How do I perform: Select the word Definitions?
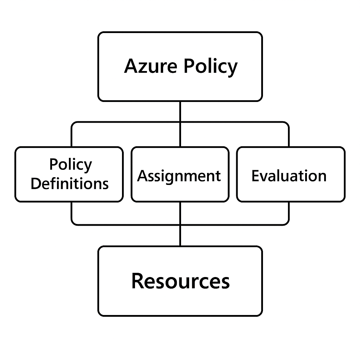tap(70, 184)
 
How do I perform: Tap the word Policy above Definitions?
tap(71, 165)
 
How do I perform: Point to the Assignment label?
tap(179, 176)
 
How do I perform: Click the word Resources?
tap(180, 281)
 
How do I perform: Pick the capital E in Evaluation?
tap(256, 176)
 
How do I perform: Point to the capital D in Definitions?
tap(36, 184)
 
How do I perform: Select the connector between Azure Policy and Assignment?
tap(180, 124)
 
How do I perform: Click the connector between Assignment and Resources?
tap(180, 224)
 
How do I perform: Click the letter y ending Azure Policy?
tap(232, 69)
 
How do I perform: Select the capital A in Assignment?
tap(142, 176)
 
